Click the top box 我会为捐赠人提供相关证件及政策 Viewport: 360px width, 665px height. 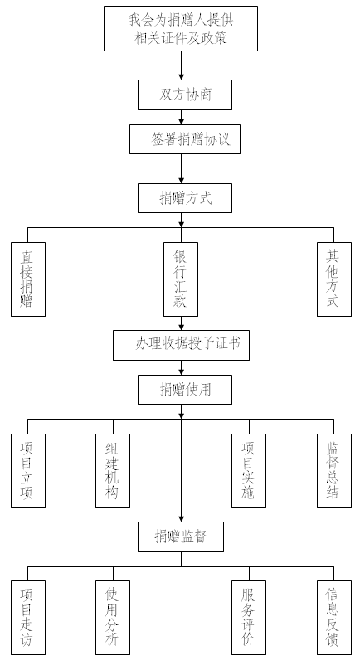181,28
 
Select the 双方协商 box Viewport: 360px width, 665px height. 185,95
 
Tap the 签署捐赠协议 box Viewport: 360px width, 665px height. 185,139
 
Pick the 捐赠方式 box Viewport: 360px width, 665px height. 185,198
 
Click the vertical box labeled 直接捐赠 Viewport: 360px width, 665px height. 28,279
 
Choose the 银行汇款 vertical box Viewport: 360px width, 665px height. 181,279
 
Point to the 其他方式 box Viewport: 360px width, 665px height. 334,279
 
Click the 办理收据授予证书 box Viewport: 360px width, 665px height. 181,345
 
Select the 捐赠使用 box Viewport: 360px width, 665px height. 185,390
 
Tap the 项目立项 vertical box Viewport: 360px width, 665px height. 28,471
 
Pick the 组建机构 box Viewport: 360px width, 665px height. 113,471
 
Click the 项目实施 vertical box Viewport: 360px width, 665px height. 249,471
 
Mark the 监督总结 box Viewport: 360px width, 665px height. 334,471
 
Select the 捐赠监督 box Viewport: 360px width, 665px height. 181,537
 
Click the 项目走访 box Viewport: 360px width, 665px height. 28,618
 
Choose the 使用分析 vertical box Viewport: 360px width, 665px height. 113,618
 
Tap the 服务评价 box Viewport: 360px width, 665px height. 249,618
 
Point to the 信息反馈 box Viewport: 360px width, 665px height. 334,618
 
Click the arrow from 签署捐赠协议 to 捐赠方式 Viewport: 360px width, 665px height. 181,169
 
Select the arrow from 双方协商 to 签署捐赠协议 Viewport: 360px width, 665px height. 181,118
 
